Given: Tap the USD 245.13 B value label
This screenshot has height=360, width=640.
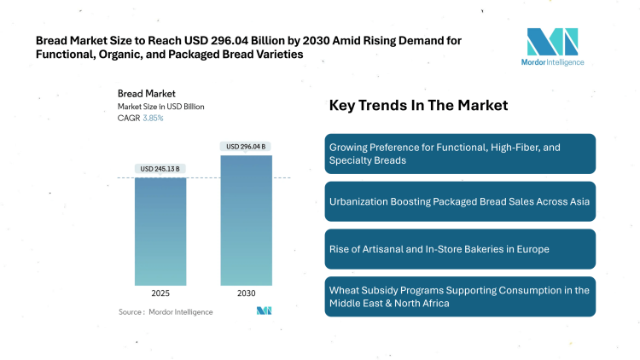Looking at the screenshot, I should [x=160, y=168].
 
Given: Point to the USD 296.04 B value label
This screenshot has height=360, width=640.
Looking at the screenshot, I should [x=245, y=146].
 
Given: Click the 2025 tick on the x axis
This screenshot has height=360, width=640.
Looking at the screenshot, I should [x=160, y=293].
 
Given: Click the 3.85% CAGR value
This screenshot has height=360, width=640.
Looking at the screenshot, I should [x=152, y=118].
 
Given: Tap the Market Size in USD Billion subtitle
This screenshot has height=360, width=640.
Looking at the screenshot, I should [x=160, y=106].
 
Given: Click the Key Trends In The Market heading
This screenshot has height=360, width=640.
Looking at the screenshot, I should [x=418, y=106].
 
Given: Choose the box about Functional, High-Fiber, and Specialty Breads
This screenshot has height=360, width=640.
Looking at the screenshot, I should [x=460, y=154].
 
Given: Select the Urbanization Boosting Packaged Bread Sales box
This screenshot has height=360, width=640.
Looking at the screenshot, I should [x=460, y=201].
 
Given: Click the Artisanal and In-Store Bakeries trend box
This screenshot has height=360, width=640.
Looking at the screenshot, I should [x=460, y=249].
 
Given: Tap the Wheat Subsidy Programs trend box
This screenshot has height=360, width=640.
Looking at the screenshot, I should [x=460, y=296].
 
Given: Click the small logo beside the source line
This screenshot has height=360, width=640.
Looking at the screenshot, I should [x=264, y=311].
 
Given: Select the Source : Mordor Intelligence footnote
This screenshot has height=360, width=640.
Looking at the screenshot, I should [x=166, y=312].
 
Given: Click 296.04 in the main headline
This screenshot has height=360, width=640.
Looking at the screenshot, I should [x=231, y=39].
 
